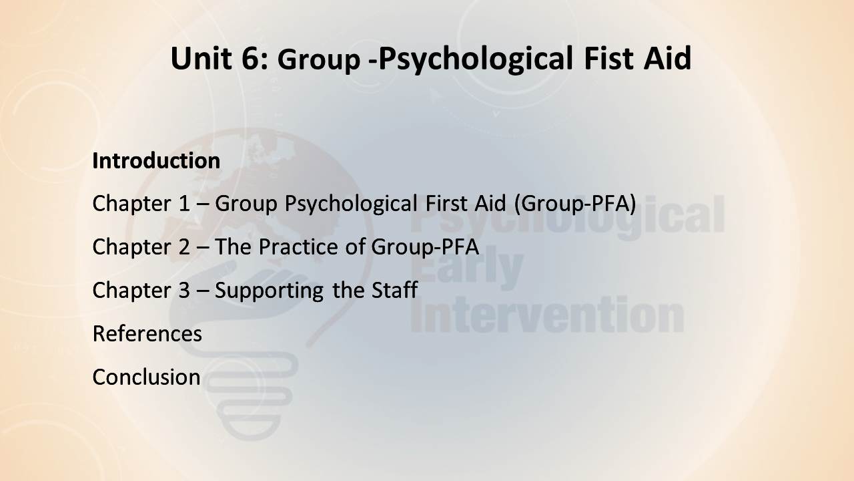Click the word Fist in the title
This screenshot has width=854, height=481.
point(608,58)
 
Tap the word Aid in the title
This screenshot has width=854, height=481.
point(667,58)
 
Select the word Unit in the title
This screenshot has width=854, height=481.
point(201,58)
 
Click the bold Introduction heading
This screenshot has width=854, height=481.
point(156,160)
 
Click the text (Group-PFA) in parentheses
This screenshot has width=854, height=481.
point(575,204)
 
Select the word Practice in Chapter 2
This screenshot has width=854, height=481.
point(298,247)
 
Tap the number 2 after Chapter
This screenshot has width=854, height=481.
point(183,247)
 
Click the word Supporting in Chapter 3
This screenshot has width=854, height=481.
point(269,291)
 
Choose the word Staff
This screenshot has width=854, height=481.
point(394,290)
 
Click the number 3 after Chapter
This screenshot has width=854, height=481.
point(183,290)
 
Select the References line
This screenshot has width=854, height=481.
point(147,333)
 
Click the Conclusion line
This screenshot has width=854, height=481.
point(146,377)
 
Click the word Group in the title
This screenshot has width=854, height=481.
point(319,60)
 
